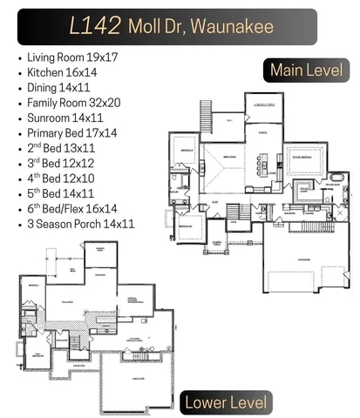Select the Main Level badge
(305, 70)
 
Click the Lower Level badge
(226, 401)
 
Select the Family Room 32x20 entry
(74, 103)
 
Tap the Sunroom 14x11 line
(65, 118)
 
